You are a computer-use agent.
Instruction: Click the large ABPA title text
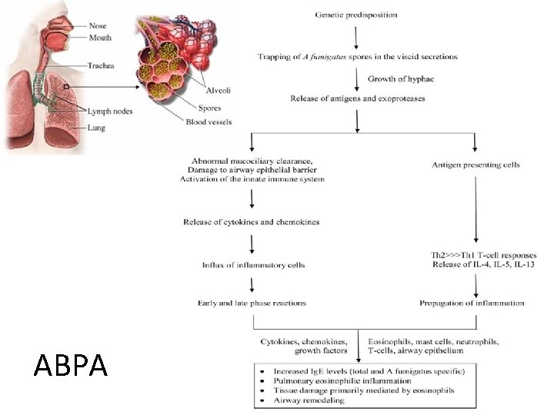click(x=71, y=365)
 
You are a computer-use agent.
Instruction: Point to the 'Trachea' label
click(x=100, y=66)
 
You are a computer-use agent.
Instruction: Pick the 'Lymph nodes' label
click(x=109, y=111)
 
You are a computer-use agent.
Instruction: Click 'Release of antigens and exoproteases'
click(x=357, y=98)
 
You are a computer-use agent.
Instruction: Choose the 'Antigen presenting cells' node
click(x=476, y=164)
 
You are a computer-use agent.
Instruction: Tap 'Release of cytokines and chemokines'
click(x=251, y=222)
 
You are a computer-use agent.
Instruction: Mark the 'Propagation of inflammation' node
click(x=472, y=303)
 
